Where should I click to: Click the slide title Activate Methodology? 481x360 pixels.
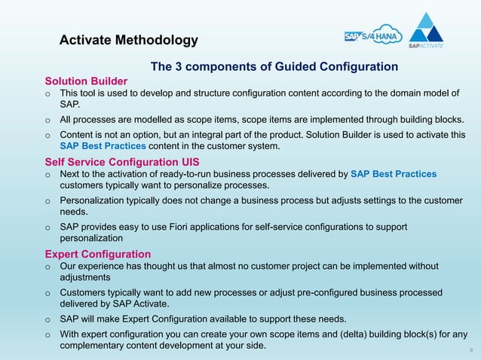click(128, 40)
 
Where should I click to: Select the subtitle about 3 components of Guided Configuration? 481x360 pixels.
click(274, 67)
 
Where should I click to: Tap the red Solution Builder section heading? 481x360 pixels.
click(86, 81)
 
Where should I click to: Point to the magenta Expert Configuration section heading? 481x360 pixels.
click(98, 254)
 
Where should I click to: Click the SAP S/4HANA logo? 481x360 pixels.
click(373, 35)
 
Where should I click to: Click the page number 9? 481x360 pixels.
click(470, 351)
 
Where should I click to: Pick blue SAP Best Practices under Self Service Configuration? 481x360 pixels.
click(394, 174)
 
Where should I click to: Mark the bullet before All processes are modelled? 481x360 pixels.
click(47, 120)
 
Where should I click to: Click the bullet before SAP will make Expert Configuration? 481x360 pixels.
click(47, 319)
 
